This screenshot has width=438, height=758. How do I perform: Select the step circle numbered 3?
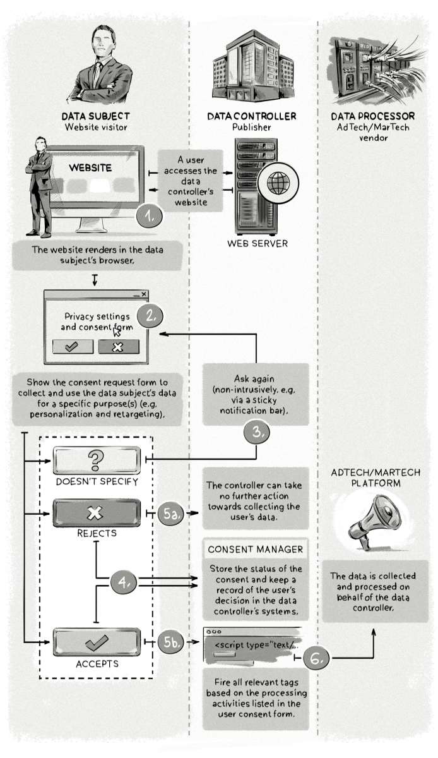(257, 432)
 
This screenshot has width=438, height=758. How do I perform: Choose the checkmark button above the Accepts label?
(97, 642)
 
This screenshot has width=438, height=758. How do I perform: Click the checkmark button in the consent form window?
(73, 346)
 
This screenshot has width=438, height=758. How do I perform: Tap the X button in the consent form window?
(118, 346)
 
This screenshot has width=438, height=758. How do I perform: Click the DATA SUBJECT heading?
(95, 116)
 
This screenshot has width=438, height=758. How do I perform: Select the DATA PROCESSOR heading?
(372, 116)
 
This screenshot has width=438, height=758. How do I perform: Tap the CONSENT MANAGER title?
(255, 550)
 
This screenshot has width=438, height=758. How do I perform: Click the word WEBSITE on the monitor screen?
(90, 168)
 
